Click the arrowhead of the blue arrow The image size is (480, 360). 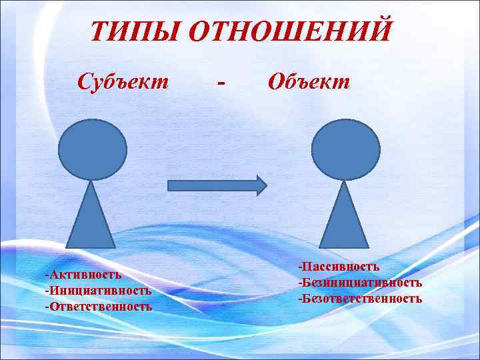(260, 184)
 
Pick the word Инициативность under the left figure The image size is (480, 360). (99, 290)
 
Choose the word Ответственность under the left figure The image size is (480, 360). (100, 307)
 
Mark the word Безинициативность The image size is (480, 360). (361, 283)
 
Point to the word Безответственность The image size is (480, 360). (361, 298)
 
